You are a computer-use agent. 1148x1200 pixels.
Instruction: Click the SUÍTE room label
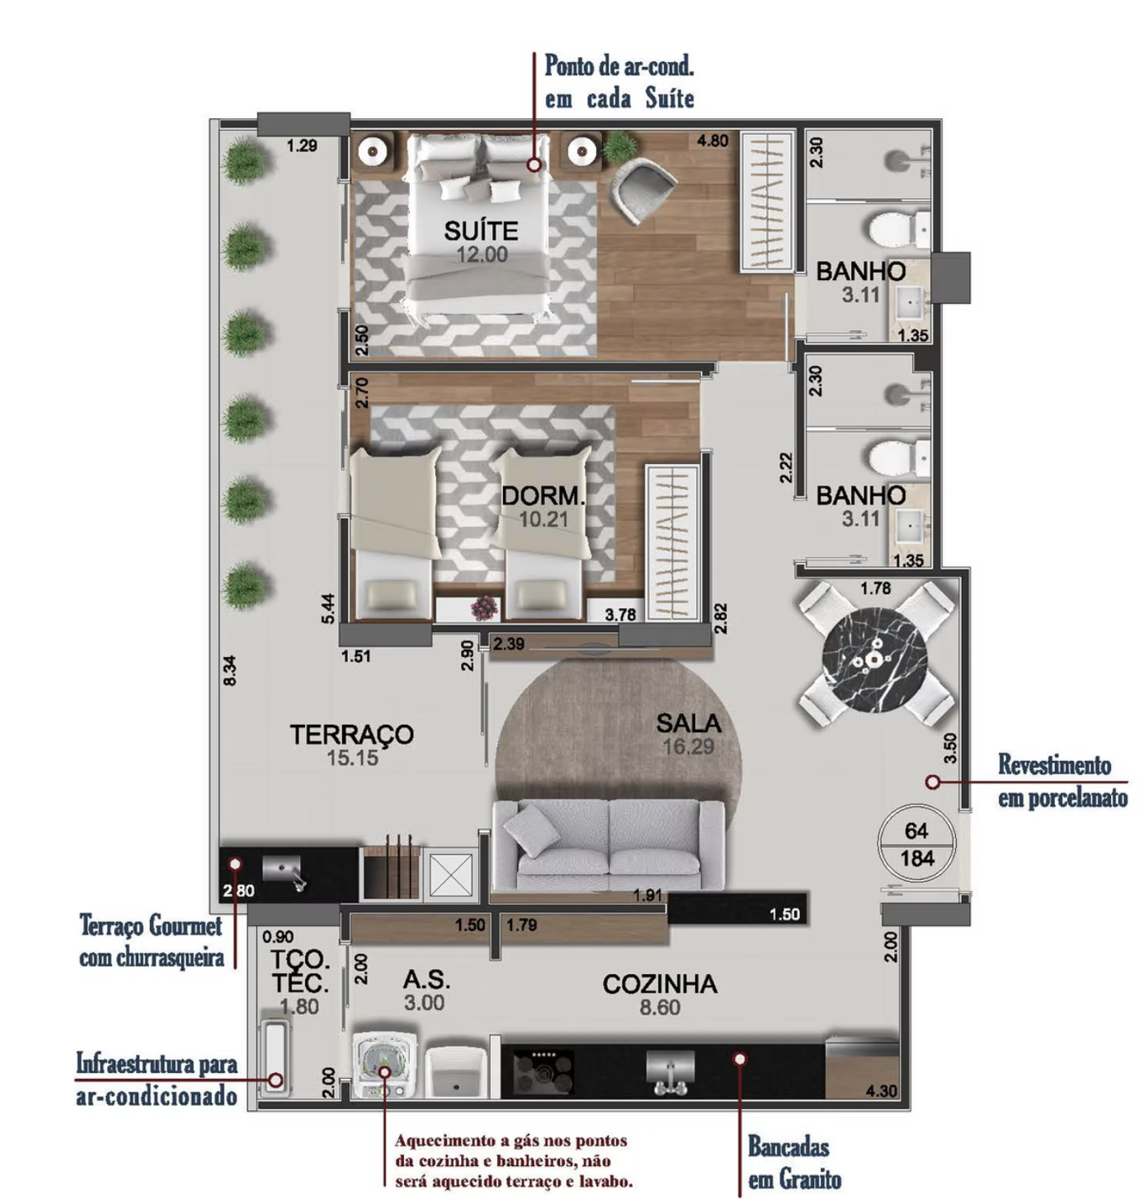(481, 231)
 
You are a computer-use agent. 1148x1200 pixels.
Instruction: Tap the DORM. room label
(543, 495)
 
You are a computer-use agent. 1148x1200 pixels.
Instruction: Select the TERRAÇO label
(352, 734)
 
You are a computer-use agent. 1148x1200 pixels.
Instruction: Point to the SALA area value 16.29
(689, 746)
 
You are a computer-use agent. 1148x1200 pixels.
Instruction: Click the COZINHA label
(660, 983)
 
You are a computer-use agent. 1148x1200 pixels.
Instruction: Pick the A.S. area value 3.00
(424, 1003)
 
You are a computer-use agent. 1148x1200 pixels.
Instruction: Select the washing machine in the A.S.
(384, 1065)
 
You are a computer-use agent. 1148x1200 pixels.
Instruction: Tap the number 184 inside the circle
(918, 859)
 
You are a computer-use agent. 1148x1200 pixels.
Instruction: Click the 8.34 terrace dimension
(230, 671)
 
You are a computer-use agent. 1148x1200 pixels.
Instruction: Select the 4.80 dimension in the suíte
(713, 140)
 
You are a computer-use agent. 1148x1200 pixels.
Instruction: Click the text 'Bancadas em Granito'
(795, 1162)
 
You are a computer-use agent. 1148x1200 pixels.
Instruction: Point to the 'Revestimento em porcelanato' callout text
(1062, 781)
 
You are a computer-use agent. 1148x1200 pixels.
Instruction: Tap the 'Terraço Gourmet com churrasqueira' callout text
(151, 941)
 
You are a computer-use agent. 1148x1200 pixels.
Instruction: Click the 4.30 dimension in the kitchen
(881, 1091)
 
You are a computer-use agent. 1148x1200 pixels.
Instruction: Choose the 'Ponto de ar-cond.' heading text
(619, 66)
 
